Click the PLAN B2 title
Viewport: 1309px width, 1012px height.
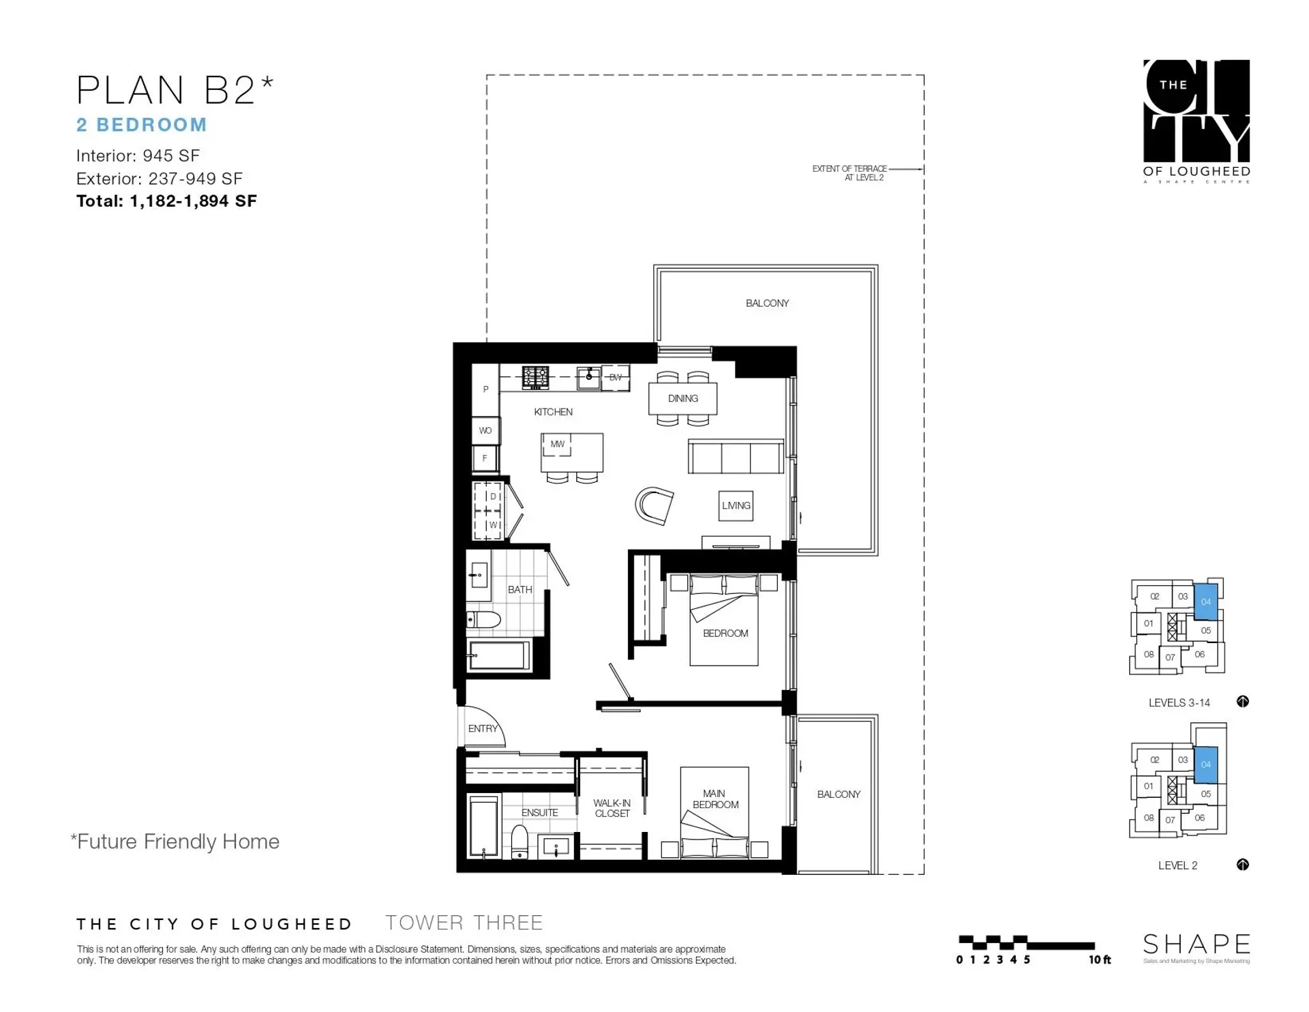(x=174, y=90)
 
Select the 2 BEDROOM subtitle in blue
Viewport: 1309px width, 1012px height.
(x=141, y=125)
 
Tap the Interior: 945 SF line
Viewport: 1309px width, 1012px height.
(x=138, y=155)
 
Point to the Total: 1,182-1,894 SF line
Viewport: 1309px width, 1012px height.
(x=166, y=201)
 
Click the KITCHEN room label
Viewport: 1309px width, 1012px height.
(x=553, y=412)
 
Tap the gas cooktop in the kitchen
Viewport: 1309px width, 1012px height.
(x=535, y=377)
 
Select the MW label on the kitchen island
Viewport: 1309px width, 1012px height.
(x=557, y=444)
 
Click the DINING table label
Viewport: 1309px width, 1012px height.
(x=682, y=398)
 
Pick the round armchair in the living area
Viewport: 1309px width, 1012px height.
(x=654, y=505)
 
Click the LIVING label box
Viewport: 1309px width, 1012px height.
(x=736, y=505)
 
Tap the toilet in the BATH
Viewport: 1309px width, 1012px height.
(x=483, y=619)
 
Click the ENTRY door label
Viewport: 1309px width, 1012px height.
(x=483, y=728)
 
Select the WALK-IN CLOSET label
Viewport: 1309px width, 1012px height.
(x=612, y=808)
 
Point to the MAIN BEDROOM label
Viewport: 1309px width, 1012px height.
(x=714, y=799)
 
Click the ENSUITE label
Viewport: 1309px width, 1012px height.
(x=539, y=812)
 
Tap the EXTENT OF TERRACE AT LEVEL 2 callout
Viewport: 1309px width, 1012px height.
(x=849, y=173)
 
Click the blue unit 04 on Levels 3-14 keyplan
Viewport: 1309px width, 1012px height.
(x=1205, y=601)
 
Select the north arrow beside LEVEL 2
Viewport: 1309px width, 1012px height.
(x=1242, y=865)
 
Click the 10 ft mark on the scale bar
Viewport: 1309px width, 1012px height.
(x=1099, y=959)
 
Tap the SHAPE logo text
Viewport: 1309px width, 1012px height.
(x=1196, y=944)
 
